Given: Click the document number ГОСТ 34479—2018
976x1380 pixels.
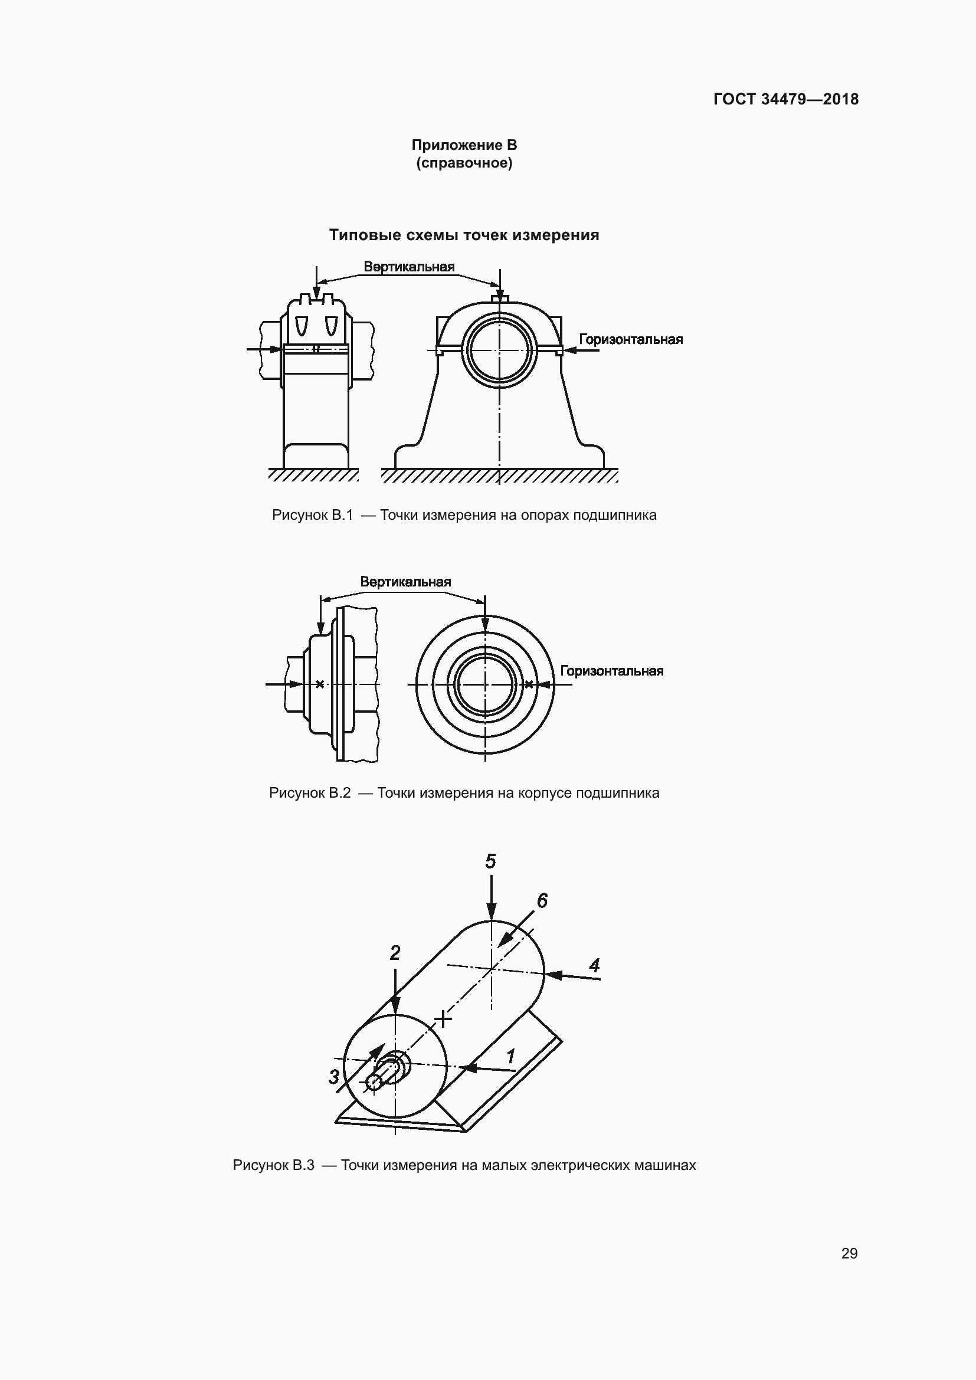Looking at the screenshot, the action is (786, 99).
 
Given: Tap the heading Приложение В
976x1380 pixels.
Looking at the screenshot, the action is (464, 145).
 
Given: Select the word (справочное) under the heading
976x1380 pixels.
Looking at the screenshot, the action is (464, 163).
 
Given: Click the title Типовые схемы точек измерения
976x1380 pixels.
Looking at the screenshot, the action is (464, 235).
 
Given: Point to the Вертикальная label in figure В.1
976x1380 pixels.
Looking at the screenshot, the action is (409, 267).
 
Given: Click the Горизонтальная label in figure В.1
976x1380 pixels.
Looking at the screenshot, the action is (631, 340).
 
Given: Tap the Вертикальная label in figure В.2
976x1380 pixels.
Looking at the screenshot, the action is (405, 582).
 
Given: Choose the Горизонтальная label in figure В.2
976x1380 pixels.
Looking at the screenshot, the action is (612, 671).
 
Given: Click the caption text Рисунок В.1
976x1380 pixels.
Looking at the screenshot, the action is (313, 515).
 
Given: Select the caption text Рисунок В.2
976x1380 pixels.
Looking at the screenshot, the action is (310, 793).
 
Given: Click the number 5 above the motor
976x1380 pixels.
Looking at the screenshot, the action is (491, 862).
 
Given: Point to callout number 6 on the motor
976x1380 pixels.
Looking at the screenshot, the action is (542, 901).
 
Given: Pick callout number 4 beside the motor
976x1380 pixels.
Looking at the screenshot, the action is (594, 966).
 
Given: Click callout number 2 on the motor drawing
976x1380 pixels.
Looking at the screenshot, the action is (395, 953).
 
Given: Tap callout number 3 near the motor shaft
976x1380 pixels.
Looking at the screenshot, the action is (334, 1077).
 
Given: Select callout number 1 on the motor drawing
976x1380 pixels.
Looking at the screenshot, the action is (512, 1056).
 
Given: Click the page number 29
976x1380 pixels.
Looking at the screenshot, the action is (849, 1254).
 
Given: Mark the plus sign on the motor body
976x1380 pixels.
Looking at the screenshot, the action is (443, 1018).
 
